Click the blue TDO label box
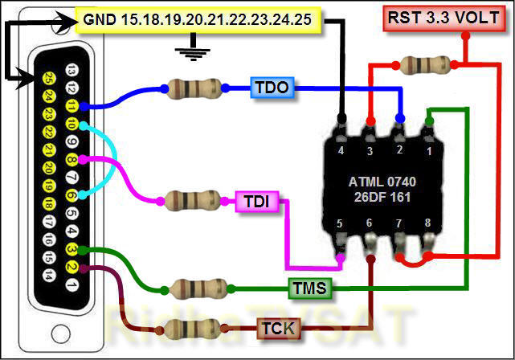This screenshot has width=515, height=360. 272,88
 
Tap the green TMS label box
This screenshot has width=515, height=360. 309,287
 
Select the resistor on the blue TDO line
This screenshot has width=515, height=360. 193,88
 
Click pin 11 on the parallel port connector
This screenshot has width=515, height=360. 72,105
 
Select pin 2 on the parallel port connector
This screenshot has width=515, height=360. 72,268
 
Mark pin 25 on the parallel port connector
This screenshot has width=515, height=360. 50,79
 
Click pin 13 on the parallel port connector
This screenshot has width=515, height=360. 72,70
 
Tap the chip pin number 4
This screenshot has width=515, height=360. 341,150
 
